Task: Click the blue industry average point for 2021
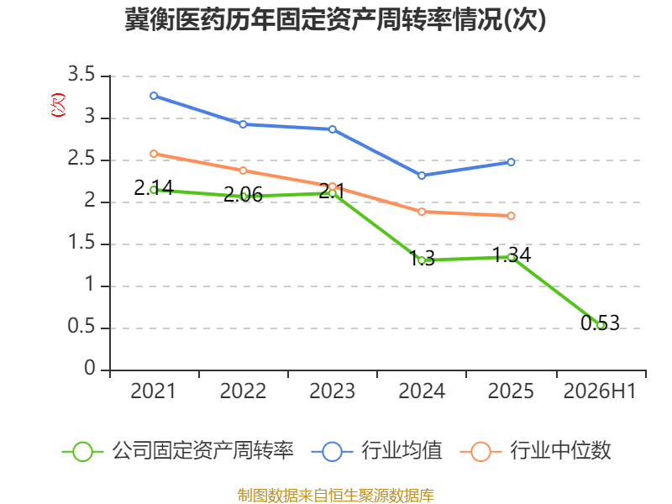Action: (x=154, y=96)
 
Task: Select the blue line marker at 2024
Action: (x=422, y=176)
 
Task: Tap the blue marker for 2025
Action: (x=511, y=162)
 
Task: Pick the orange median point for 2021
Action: (x=154, y=154)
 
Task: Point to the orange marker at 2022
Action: (x=243, y=171)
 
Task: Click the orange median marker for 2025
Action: (x=511, y=216)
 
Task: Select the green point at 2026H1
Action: (x=601, y=325)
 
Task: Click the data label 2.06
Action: (x=243, y=195)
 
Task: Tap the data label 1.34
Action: (x=512, y=255)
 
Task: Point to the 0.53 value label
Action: (x=600, y=323)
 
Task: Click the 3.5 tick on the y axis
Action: (x=81, y=74)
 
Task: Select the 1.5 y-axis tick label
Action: (x=81, y=243)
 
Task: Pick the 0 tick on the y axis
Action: (x=90, y=368)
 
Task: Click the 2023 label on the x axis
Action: (x=332, y=391)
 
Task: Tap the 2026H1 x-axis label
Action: (x=600, y=391)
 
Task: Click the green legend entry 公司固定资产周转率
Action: (x=178, y=451)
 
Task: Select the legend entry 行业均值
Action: (x=376, y=451)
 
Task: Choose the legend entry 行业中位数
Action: (x=536, y=451)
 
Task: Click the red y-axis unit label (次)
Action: (x=58, y=104)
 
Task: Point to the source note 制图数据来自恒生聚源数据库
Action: (x=336, y=496)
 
